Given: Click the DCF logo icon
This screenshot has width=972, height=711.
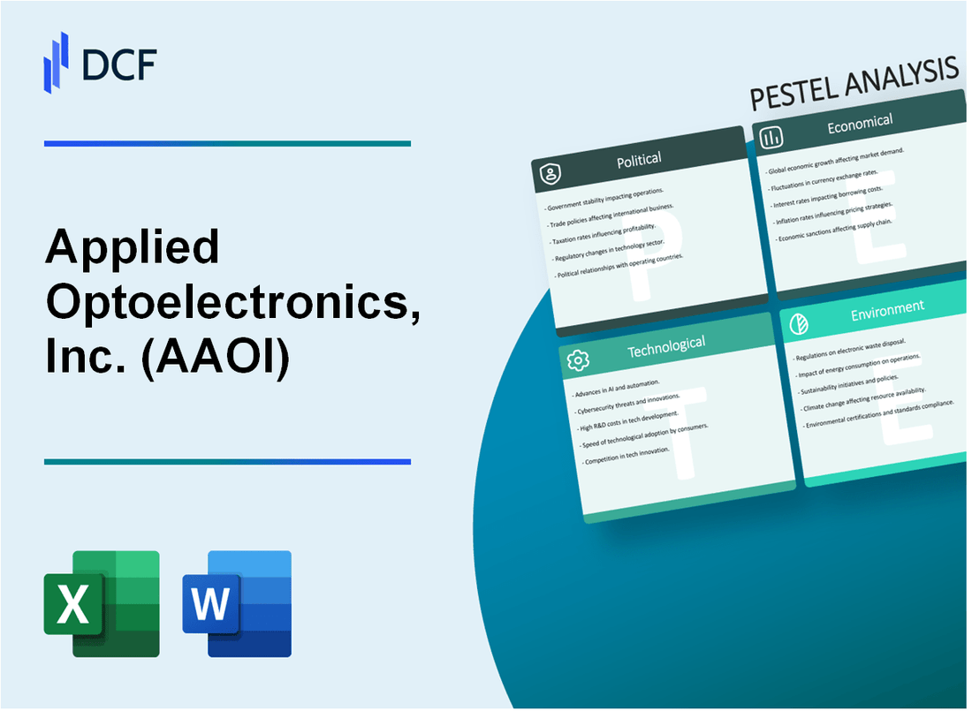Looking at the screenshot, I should tap(56, 61).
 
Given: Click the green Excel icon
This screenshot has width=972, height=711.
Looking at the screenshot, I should tap(102, 603).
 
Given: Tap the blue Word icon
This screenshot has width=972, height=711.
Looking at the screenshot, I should tap(237, 603).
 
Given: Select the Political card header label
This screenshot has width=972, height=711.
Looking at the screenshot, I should tap(639, 160).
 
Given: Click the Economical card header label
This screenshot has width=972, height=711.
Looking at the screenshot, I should tap(859, 125).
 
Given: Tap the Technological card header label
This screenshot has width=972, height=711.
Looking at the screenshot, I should tap(665, 345).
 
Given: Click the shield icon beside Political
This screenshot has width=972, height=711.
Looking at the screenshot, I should tap(551, 175).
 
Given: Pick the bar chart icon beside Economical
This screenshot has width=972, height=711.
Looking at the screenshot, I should tap(771, 137).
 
